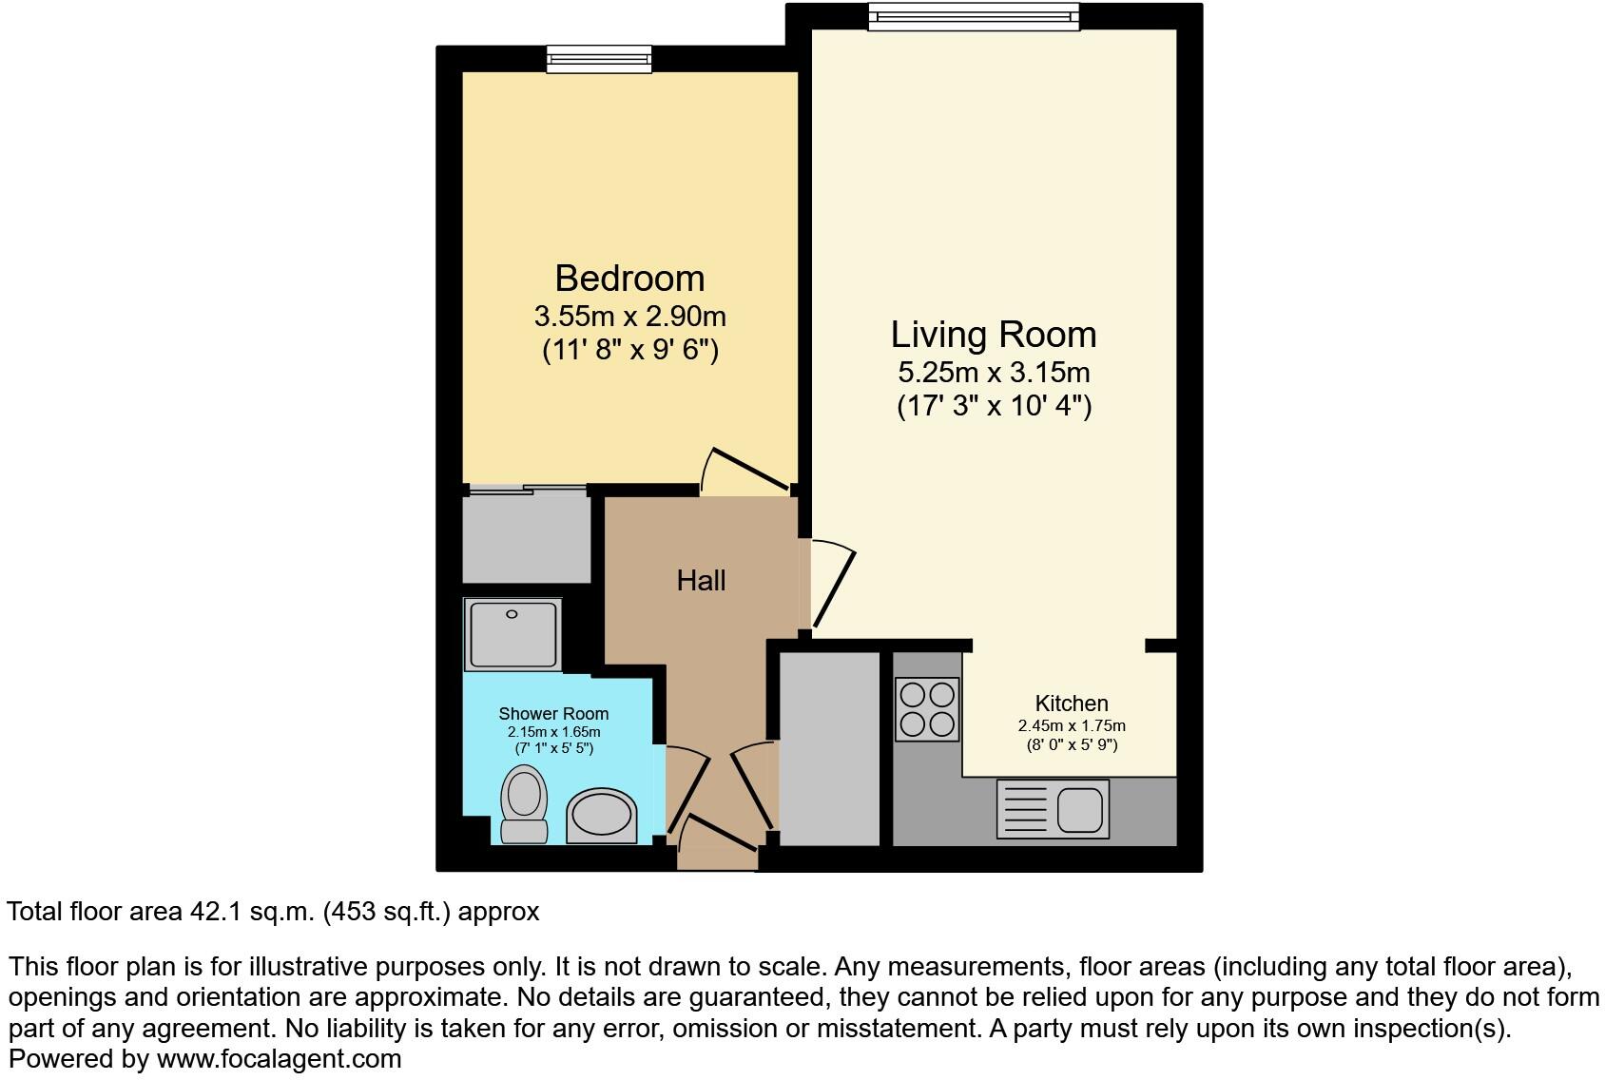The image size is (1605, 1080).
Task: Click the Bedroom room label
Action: tap(629, 279)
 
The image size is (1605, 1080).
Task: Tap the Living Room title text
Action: tap(993, 335)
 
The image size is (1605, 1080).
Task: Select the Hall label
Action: tap(701, 580)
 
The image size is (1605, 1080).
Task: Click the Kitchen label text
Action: tap(1072, 704)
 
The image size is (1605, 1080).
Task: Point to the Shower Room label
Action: tap(553, 714)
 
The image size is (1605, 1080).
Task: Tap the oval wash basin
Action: tap(602, 816)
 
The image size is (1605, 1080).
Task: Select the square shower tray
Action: tap(512, 633)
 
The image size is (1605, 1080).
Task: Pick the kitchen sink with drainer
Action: tap(1053, 809)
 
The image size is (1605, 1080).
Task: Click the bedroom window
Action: tap(599, 59)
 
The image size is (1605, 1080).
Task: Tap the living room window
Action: tap(974, 17)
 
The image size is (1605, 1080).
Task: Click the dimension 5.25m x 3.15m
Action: tap(993, 372)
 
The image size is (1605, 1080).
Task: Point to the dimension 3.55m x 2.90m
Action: tap(629, 315)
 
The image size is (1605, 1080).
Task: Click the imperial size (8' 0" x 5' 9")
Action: tap(1072, 744)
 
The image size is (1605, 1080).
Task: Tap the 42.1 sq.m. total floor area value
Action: tap(252, 912)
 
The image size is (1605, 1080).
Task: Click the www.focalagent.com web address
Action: tap(279, 1058)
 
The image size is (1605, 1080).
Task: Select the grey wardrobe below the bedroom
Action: tap(526, 538)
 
